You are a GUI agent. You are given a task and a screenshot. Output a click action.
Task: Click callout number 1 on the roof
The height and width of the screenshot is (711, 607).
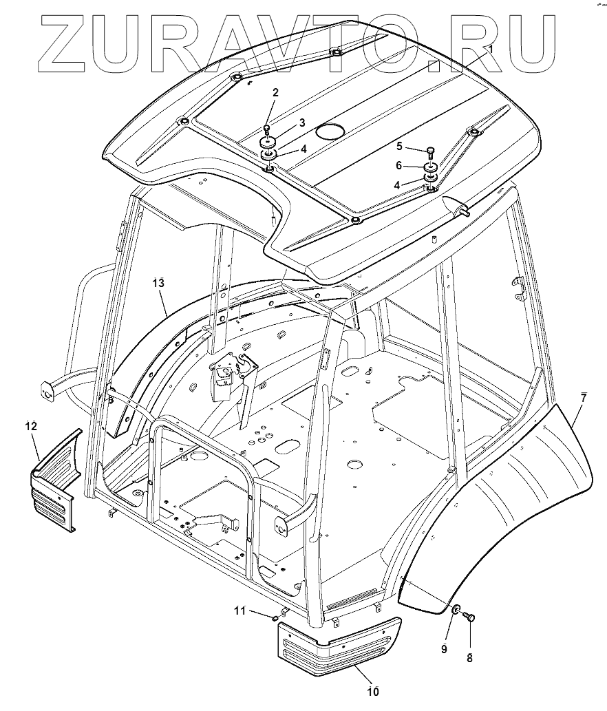490,50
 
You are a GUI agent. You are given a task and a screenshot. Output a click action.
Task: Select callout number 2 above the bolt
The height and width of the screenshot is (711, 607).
275,93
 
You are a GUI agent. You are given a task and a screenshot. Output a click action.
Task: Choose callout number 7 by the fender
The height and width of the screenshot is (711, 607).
584,399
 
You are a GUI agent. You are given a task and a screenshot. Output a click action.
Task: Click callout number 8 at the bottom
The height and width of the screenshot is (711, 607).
469,657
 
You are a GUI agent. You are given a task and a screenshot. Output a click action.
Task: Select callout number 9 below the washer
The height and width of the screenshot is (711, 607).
444,648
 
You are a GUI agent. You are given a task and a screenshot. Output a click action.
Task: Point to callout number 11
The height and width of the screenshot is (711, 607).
239,610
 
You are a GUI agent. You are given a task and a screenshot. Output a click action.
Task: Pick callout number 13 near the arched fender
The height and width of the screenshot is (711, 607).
158,282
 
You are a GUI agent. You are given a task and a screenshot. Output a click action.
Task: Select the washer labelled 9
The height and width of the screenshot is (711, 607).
456,609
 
